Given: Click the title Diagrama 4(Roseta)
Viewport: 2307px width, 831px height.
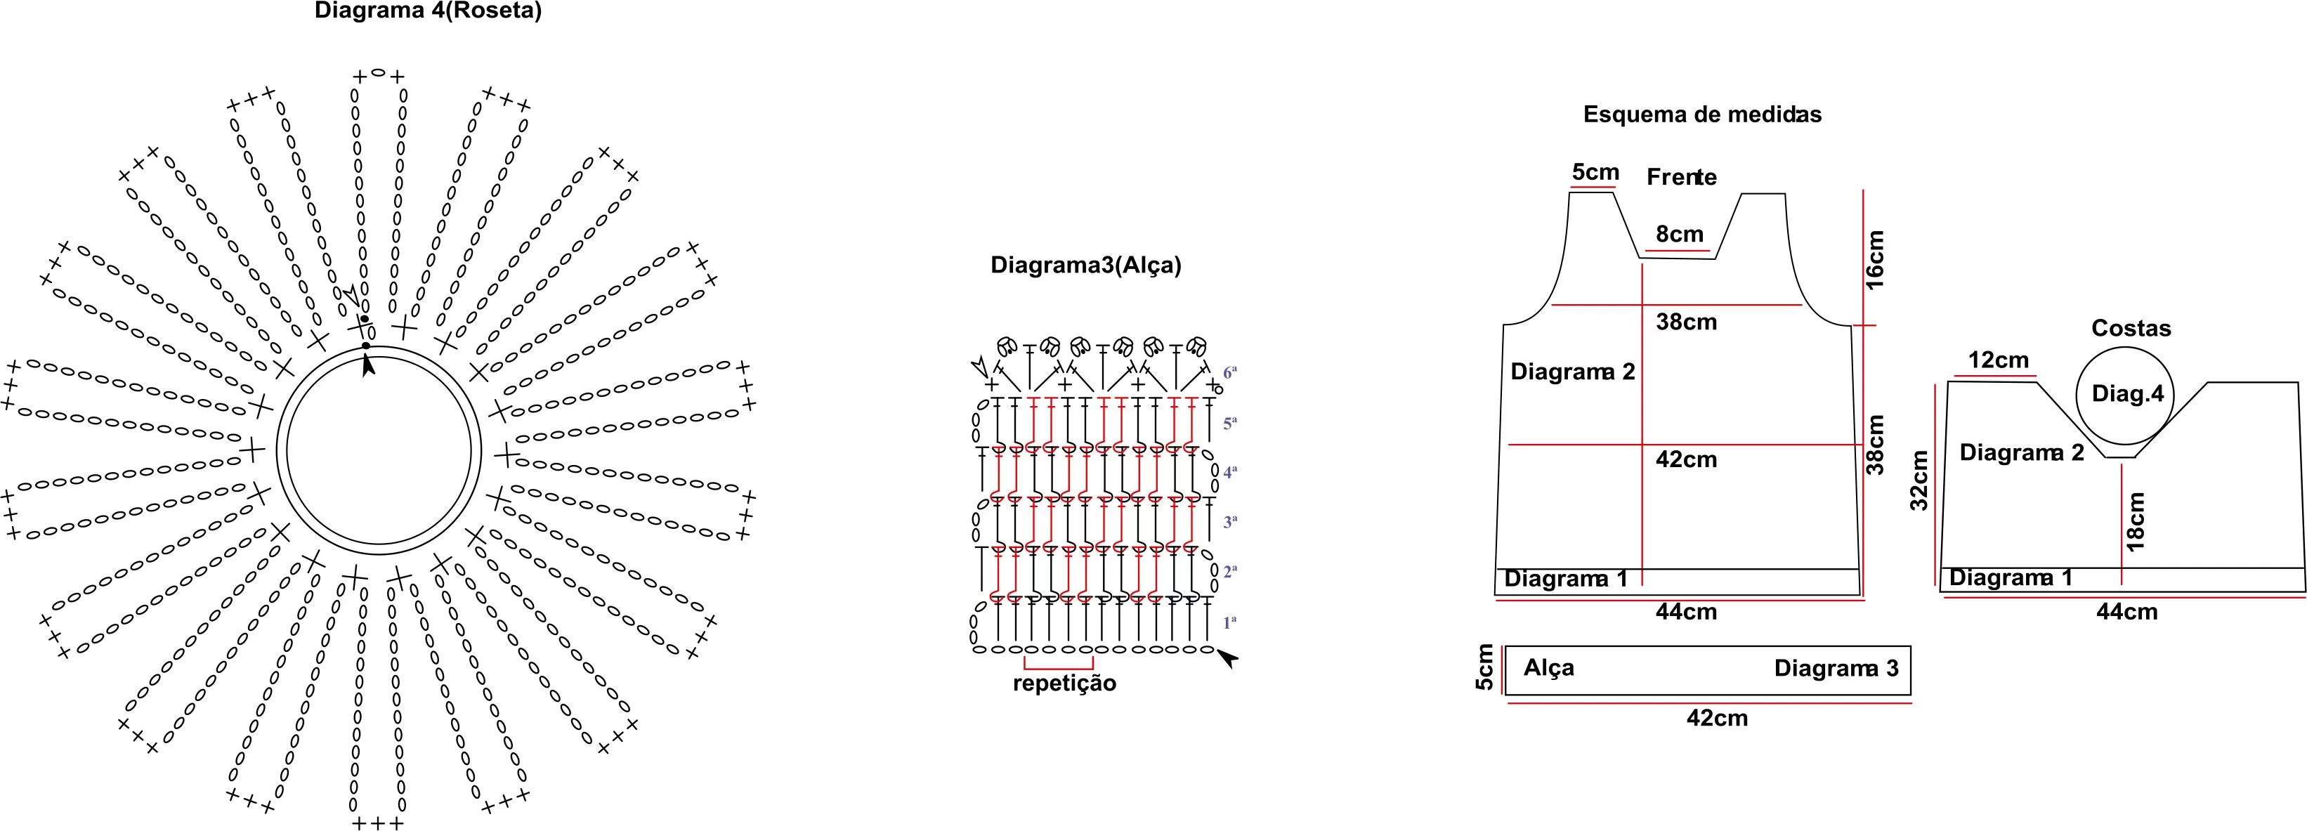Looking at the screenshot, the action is tap(428, 12).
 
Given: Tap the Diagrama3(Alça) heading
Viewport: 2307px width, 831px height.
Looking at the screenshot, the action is tap(1085, 265).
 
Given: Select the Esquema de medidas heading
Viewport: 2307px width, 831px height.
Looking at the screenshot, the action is tap(1702, 114).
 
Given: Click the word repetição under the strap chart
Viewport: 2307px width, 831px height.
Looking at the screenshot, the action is tap(1064, 684).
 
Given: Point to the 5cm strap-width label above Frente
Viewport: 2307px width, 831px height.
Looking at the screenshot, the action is tap(1595, 172).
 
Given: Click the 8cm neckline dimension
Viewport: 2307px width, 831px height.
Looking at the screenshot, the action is tap(1679, 235).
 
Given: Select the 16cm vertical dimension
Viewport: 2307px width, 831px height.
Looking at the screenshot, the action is tap(1876, 260).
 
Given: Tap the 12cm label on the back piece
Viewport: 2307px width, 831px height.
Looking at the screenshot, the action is tap(1998, 360).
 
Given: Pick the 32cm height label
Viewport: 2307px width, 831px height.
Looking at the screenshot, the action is tap(1919, 480).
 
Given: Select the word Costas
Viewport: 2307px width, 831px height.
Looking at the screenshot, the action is tap(2131, 329).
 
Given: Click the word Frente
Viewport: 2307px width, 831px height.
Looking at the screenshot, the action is tap(1681, 177).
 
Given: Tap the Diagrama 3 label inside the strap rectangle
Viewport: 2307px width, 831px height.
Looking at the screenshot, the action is tap(1836, 669).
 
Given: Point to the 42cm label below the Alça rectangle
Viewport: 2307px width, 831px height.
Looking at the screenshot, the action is tap(1717, 718).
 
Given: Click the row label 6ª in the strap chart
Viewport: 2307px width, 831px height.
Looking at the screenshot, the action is tap(1229, 371).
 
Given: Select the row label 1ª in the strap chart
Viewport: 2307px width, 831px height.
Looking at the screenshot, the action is tap(1229, 622).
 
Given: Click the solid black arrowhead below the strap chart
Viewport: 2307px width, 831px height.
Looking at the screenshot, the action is tap(1227, 659).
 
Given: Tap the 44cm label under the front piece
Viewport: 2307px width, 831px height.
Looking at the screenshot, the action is tap(1687, 613).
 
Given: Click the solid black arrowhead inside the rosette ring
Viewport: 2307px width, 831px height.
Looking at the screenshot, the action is tap(368, 365).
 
